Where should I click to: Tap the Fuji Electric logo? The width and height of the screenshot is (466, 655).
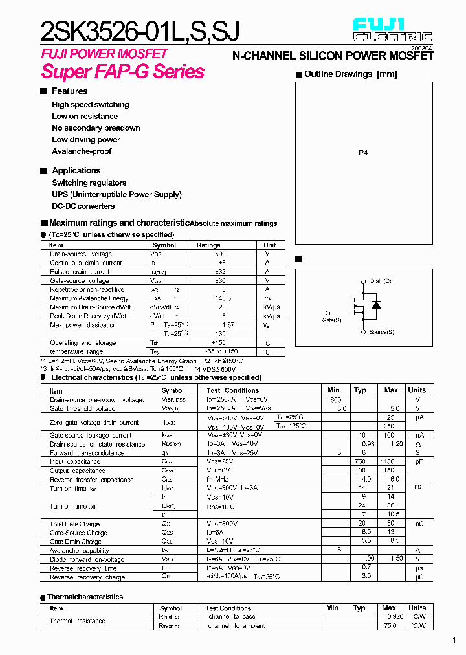pos(392,32)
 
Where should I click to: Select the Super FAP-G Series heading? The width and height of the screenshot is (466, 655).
pos(123,72)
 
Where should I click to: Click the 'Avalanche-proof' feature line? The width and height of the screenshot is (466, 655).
pos(82,151)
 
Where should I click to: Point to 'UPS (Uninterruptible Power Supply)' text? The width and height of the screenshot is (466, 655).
pos(116,194)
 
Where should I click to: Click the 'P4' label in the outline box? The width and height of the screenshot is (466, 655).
pos(363,153)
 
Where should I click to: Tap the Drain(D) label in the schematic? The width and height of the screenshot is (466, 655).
pos(381,281)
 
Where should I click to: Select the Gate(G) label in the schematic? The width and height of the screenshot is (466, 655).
pos(331,320)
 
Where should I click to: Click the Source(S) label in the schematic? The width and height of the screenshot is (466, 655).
pos(381,332)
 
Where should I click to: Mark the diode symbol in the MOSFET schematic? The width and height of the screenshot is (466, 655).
pos(376,305)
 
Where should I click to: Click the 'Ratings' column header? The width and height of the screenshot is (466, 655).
pos(208,245)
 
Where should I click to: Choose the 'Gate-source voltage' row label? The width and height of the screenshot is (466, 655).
pos(80,281)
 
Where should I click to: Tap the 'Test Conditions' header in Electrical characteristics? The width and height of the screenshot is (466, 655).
pos(232,390)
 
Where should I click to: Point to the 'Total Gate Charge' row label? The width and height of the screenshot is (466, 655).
pos(74,524)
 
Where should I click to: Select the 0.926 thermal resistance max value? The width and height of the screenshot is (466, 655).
pos(390,617)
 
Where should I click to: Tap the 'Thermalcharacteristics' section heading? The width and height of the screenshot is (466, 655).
pos(85,597)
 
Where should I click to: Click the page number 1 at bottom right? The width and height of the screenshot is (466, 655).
pos(454,640)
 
